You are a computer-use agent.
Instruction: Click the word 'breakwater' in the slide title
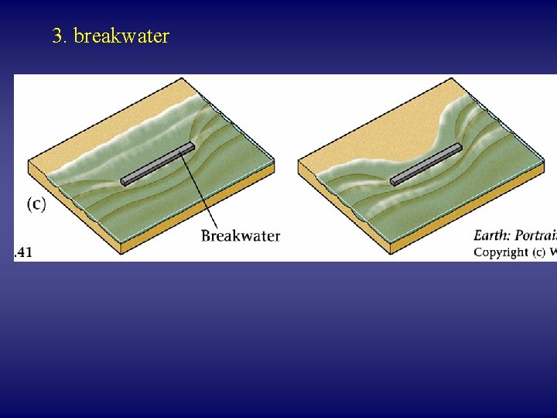(x=121, y=36)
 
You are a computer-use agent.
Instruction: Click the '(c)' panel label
(x=36, y=204)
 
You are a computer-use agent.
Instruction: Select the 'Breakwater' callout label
(x=241, y=235)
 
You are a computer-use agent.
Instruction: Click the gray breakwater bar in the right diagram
(x=426, y=164)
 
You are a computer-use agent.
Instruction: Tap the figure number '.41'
(x=24, y=252)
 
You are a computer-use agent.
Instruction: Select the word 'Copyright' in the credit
(x=500, y=252)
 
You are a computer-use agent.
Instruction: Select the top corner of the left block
(x=181, y=78)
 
